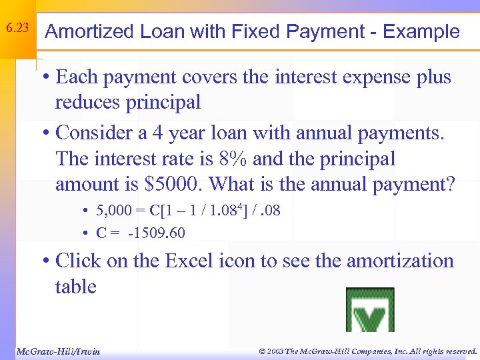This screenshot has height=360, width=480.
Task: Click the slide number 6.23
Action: click(x=17, y=29)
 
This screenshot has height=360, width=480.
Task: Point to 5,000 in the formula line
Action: click(x=114, y=212)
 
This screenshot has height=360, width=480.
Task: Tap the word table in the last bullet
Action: click(x=76, y=287)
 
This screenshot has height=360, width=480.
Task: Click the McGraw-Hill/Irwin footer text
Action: click(x=58, y=351)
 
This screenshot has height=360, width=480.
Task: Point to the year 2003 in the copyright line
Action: click(x=275, y=351)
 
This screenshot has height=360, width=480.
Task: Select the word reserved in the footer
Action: click(x=455, y=351)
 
